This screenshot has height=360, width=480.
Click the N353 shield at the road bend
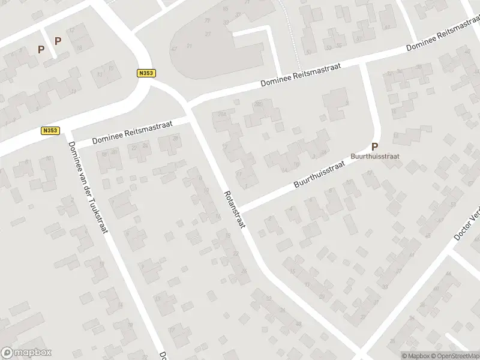146,73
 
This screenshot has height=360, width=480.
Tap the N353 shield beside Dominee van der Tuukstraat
50,130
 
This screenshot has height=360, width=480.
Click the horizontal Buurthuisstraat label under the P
374,155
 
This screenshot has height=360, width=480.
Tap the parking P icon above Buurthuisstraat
375,146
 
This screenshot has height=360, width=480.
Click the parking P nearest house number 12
58,41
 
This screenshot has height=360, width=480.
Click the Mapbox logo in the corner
26,353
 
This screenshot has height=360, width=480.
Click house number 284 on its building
223,113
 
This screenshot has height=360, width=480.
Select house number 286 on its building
259,104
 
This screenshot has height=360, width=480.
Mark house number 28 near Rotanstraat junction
175,139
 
